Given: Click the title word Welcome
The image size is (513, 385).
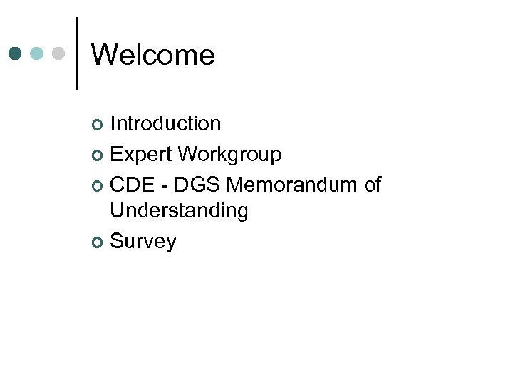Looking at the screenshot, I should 153,55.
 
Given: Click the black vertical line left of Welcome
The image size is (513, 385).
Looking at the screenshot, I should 77,53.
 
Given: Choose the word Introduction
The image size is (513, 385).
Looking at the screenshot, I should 165,123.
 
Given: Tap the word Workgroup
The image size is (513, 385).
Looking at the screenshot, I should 229,154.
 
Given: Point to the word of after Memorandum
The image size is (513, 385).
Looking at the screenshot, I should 372,185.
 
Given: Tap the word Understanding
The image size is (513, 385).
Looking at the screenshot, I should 179,211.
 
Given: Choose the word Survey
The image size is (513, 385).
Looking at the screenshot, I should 143,242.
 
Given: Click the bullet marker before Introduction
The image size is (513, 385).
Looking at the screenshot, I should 98,125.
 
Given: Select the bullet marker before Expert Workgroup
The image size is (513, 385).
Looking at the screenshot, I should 98,155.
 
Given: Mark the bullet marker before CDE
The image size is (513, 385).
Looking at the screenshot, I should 98,186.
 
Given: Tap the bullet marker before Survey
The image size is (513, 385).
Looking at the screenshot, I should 98,243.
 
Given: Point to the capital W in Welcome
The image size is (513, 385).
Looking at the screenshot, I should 105,55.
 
